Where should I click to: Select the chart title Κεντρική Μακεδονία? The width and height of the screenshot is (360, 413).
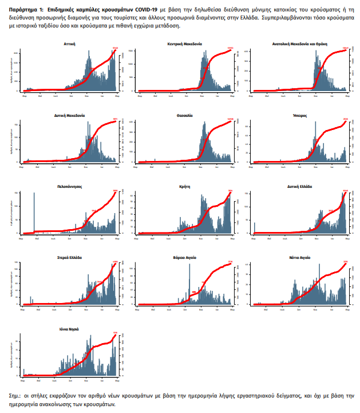coord(185,44)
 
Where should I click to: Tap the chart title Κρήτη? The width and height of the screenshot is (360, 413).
coord(185,186)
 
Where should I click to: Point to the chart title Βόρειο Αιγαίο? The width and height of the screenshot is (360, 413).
coord(185,257)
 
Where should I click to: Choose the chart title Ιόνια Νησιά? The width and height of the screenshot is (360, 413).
coord(69,329)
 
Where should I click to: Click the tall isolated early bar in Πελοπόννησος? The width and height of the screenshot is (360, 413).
coord(34,212)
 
